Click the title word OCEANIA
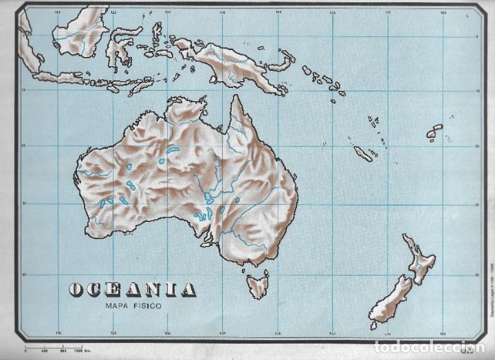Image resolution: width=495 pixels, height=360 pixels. (x=132, y=289)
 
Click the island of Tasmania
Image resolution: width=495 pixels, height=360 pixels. (x=258, y=283)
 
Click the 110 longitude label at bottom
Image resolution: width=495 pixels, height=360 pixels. (x=58, y=335)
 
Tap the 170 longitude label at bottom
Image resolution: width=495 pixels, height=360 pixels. (x=388, y=335)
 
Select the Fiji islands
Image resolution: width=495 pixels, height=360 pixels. (x=434, y=131)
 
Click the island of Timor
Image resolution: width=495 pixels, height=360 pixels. (x=141, y=86)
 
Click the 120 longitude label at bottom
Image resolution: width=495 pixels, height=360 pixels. (x=113, y=335)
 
